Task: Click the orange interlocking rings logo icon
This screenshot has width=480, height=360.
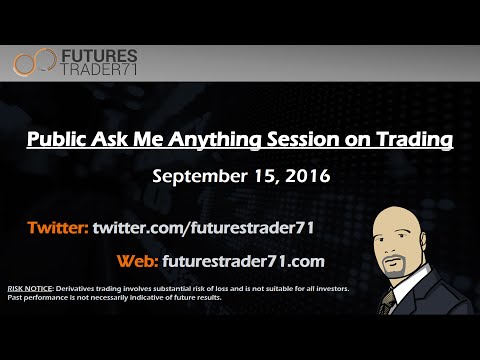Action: point(36,63)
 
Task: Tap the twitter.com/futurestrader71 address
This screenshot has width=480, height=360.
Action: point(205,227)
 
